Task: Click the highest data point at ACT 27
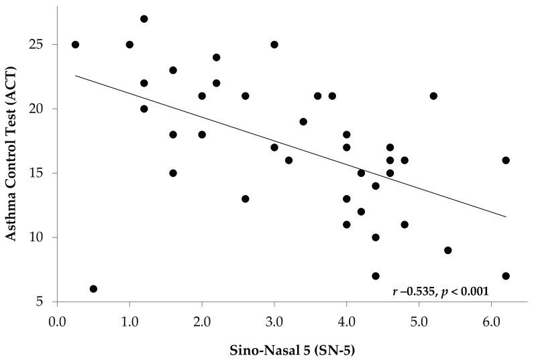[144, 19]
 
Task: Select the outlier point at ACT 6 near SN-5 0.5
[93, 289]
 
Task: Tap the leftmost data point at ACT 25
[75, 45]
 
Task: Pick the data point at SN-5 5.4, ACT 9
[448, 250]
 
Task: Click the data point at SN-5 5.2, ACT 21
[433, 96]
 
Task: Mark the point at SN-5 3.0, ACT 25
[274, 45]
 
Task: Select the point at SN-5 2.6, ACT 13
[246, 199]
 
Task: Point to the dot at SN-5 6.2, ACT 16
[506, 160]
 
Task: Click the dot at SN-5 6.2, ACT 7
[506, 276]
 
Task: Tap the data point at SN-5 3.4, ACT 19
[303, 122]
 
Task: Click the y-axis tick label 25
[42, 45]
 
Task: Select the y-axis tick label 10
[42, 237]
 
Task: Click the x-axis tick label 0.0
[57, 316]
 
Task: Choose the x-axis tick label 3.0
[274, 316]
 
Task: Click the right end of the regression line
[506, 217]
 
